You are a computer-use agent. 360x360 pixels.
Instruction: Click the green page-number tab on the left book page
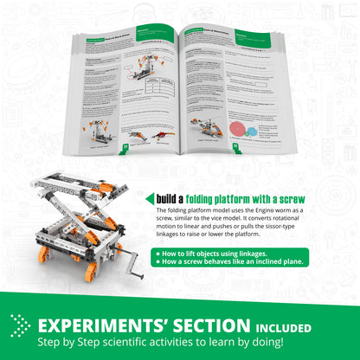pos(127,147)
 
